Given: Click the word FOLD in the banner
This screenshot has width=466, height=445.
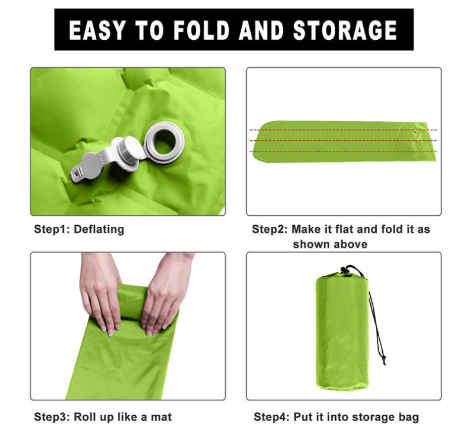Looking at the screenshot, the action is click(201, 30).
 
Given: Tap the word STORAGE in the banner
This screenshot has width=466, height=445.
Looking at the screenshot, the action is click(345, 30).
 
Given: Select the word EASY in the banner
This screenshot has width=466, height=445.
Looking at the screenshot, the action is click(96, 30).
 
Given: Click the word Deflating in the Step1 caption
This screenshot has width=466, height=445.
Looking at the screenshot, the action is click(99, 229).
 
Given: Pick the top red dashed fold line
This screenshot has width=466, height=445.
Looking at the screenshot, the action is click(344, 130).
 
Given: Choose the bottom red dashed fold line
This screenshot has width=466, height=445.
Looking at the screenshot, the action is click(344, 152).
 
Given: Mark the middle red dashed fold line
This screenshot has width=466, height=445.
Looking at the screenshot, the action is click(344, 141).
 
